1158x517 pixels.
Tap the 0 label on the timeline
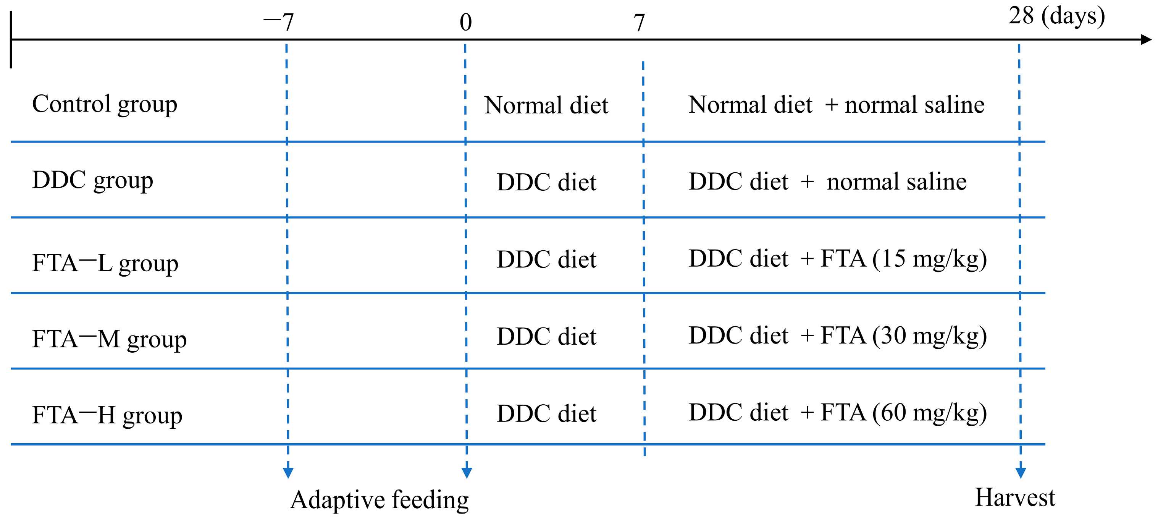[x=466, y=22]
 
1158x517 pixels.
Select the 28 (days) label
[x=1056, y=16]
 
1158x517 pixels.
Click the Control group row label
[x=104, y=104]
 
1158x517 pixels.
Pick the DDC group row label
[x=93, y=180]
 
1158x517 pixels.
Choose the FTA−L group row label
[x=105, y=263]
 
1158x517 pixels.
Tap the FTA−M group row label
[x=109, y=339]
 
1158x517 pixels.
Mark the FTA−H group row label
[x=107, y=415]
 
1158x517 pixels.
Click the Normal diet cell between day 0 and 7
[x=546, y=105]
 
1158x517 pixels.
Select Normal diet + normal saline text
[x=836, y=105]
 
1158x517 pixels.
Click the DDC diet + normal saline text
[x=827, y=182]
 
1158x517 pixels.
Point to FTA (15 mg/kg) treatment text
[x=904, y=259]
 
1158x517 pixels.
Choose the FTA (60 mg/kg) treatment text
[x=904, y=413]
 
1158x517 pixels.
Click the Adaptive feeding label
[x=380, y=500]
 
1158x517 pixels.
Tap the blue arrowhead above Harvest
[x=1021, y=472]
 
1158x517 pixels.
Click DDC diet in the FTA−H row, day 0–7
[x=546, y=413]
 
